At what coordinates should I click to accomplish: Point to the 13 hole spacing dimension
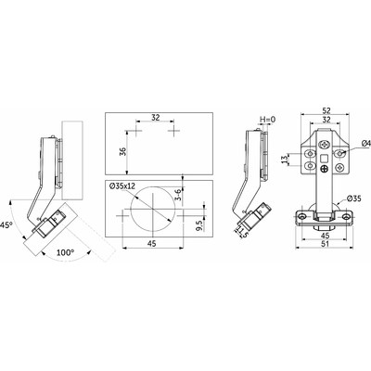click(285, 159)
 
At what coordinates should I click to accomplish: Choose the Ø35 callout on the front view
click(355, 198)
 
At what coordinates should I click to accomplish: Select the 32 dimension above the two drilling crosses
click(154, 118)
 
